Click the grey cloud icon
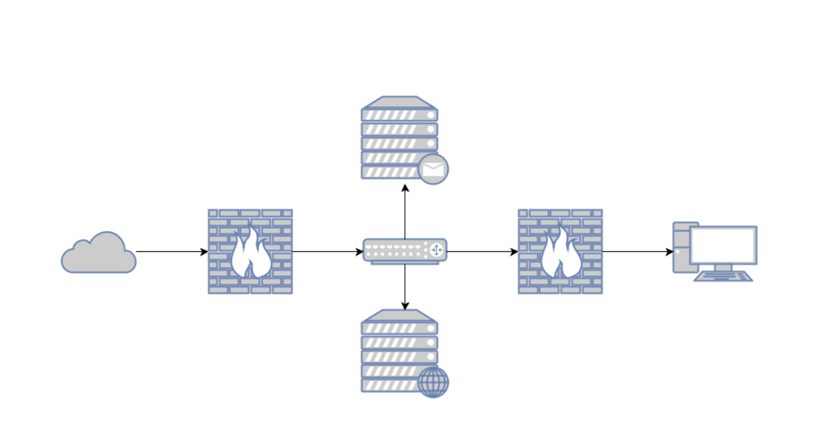click(x=99, y=255)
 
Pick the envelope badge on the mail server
click(x=433, y=169)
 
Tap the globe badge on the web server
click(x=433, y=382)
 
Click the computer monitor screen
click(x=723, y=245)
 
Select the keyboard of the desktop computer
click(x=723, y=276)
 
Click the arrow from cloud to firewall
click(x=171, y=252)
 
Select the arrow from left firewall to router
click(x=328, y=252)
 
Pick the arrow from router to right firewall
click(x=482, y=252)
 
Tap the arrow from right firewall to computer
click(x=637, y=252)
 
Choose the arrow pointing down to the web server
click(x=405, y=288)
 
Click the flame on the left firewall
click(x=250, y=255)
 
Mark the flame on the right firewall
click(x=561, y=255)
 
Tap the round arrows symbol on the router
click(x=436, y=251)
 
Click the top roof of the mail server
click(x=399, y=102)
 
